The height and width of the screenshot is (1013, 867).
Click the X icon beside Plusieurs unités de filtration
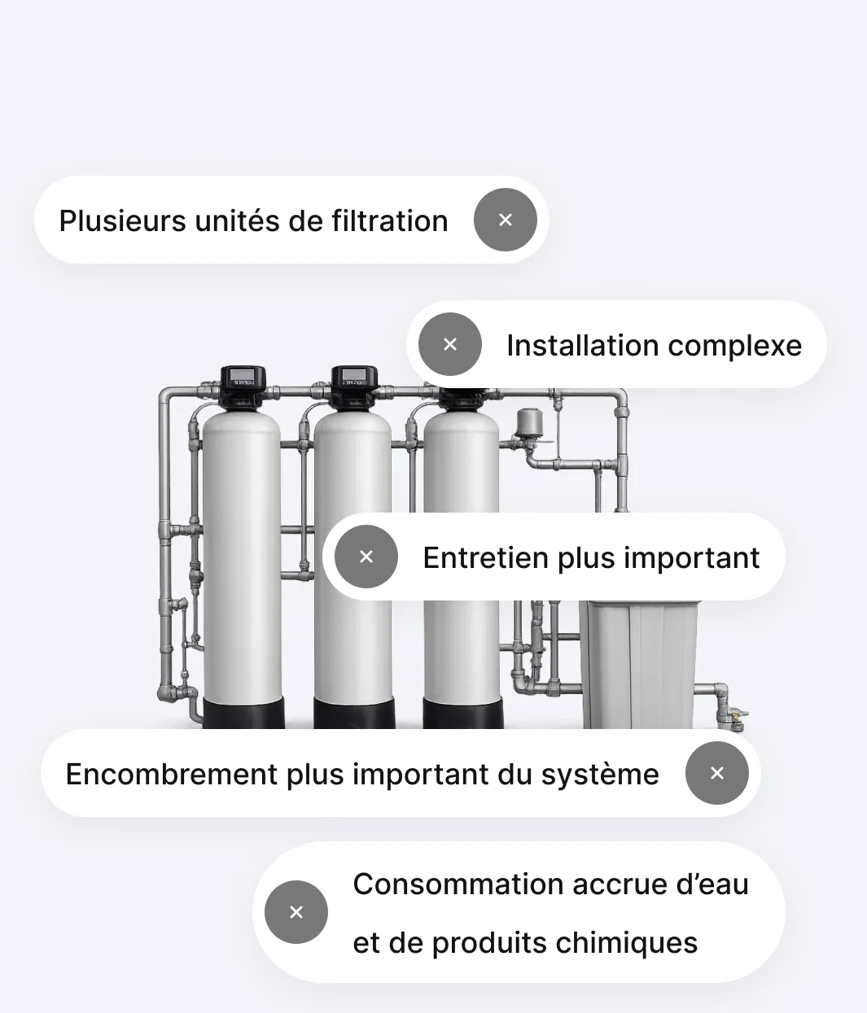click(505, 220)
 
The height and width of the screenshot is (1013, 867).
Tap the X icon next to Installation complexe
click(450, 344)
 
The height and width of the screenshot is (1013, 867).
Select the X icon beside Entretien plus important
click(366, 557)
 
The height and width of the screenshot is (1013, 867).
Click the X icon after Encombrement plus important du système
click(717, 773)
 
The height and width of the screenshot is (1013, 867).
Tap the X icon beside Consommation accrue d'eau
click(296, 912)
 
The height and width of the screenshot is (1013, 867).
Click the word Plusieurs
click(123, 221)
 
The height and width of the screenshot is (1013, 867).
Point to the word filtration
click(390, 221)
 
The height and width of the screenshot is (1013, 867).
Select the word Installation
click(583, 346)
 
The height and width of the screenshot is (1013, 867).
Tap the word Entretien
click(485, 557)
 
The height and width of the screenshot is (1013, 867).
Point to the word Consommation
click(458, 884)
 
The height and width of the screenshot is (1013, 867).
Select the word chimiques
click(627, 943)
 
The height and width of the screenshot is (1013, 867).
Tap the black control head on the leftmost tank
click(243, 387)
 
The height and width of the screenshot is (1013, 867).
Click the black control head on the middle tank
click(354, 387)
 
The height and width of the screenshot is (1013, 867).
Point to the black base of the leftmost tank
click(243, 713)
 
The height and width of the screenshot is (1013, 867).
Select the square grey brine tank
click(639, 665)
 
